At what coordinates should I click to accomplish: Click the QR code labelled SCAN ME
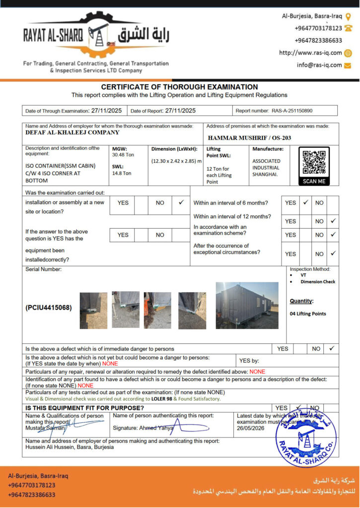314,163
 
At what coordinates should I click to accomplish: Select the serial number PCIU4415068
49,308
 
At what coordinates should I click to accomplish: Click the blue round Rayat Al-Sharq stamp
306,437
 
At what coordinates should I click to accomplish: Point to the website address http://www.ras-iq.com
310,53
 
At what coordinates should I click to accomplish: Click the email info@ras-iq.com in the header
319,65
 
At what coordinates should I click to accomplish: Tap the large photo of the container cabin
247,305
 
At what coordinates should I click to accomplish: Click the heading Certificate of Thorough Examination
179,87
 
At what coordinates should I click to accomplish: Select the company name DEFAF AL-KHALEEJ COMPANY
72,132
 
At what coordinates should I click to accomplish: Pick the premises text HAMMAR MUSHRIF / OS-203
249,138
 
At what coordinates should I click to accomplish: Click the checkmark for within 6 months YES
305,202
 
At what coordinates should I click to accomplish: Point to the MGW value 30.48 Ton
123,155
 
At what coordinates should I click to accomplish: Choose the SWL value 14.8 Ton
122,173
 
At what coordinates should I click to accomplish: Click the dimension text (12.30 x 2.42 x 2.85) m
176,161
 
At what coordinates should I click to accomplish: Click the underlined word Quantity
301,301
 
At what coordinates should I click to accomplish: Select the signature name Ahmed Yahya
157,428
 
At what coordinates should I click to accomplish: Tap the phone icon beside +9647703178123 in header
348,28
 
